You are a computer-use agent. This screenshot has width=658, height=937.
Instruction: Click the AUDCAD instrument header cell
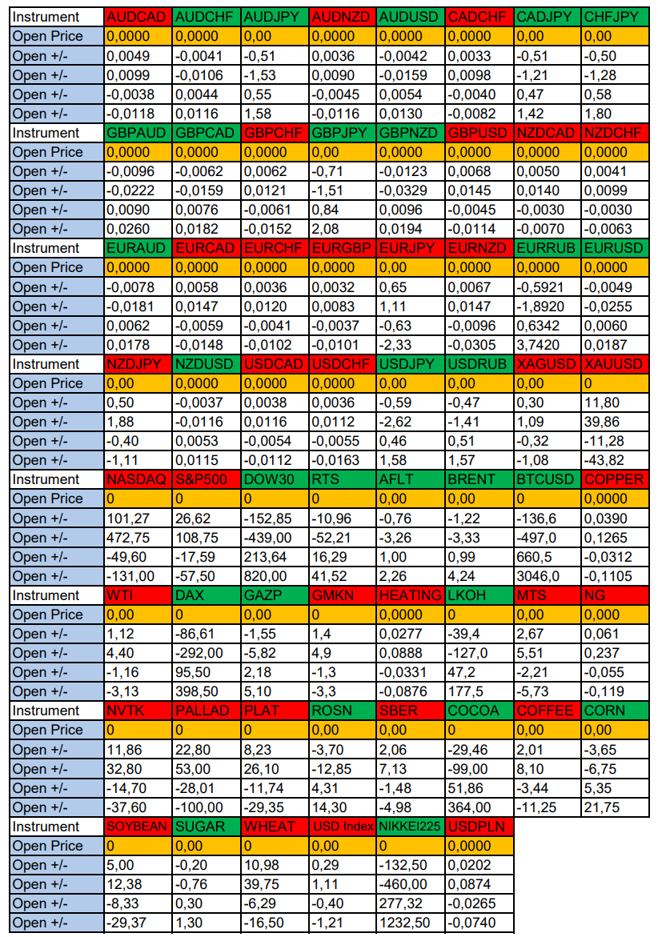click(138, 17)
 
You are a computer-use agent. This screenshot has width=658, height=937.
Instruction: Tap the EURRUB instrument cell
click(548, 248)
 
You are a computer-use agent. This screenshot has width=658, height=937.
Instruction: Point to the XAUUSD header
click(614, 364)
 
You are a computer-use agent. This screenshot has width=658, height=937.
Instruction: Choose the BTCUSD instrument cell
click(548, 479)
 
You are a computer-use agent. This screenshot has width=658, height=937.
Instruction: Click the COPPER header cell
click(614, 479)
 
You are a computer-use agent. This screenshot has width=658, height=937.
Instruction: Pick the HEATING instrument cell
click(411, 595)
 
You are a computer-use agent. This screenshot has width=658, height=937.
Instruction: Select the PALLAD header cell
click(206, 711)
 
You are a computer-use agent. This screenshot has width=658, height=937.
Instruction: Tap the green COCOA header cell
click(479, 711)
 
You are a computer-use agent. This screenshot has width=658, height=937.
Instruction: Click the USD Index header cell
click(342, 827)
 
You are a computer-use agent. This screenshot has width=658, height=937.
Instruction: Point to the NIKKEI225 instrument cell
click(411, 827)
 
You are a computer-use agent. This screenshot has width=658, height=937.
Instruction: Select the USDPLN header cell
click(479, 827)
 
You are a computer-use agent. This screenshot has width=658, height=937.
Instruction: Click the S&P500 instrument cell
click(206, 479)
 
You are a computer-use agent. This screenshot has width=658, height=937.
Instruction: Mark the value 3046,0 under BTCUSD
click(548, 576)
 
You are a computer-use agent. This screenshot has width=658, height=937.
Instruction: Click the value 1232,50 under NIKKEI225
click(411, 923)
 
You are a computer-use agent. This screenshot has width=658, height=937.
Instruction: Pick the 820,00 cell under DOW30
click(274, 576)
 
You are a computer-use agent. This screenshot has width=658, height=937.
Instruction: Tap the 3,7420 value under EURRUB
click(548, 345)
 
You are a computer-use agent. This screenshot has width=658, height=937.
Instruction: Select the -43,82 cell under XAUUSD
click(614, 460)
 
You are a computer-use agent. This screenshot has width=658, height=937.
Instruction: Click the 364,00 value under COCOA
click(479, 807)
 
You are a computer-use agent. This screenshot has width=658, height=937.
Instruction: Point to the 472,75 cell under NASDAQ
click(138, 538)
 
